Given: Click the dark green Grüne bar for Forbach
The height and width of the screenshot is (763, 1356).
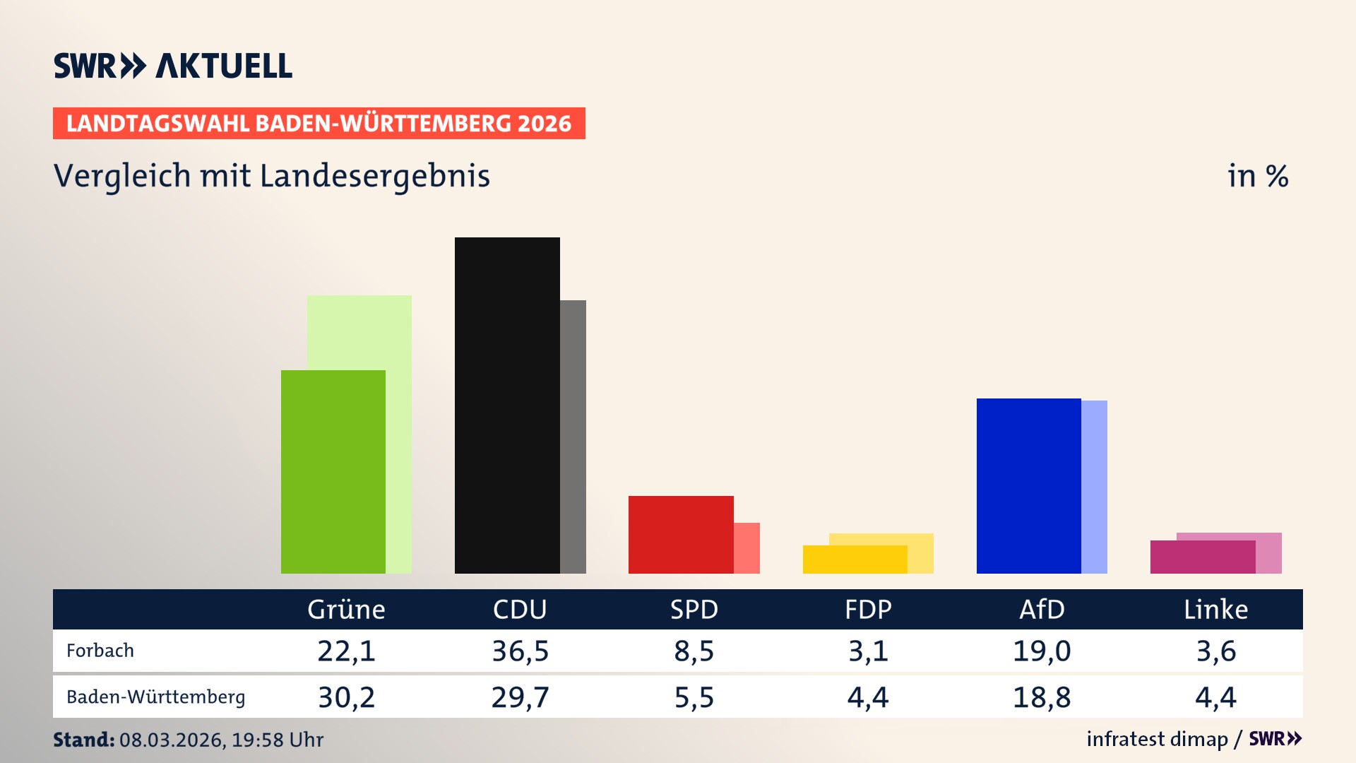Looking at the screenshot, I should [x=333, y=471].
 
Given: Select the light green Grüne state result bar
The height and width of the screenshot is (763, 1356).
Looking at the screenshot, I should [x=374, y=332].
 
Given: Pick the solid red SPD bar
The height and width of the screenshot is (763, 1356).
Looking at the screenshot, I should [x=681, y=534].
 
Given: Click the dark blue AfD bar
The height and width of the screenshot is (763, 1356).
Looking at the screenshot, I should [x=1028, y=485].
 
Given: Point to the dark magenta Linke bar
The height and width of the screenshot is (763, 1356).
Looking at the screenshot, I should [x=1202, y=557].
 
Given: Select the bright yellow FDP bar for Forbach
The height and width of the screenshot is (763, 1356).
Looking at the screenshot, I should [x=855, y=560].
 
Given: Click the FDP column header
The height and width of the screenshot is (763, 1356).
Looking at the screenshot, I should [x=868, y=609].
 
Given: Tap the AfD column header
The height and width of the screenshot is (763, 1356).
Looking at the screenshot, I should [x=1042, y=609].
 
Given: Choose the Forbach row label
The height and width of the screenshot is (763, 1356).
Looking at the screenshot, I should [x=100, y=651].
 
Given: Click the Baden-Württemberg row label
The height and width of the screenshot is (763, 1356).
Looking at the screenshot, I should [x=155, y=697].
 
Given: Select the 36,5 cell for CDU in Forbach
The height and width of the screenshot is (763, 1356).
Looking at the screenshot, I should [x=521, y=651].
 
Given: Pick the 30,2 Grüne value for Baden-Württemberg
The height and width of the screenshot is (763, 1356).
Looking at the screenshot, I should [x=346, y=697].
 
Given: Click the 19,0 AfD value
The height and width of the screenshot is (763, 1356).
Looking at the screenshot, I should [x=1042, y=651].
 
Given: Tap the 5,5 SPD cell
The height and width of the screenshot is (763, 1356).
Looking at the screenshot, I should [x=694, y=697].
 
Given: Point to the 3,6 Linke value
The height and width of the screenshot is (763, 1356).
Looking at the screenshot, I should [x=1215, y=651].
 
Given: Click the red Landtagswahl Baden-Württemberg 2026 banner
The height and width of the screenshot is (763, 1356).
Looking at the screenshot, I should [x=319, y=124].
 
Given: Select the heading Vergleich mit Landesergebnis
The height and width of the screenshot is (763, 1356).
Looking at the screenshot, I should [x=271, y=176].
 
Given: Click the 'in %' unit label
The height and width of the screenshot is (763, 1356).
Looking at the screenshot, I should [x=1257, y=176].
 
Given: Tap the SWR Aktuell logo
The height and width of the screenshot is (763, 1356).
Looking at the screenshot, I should [x=173, y=66].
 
